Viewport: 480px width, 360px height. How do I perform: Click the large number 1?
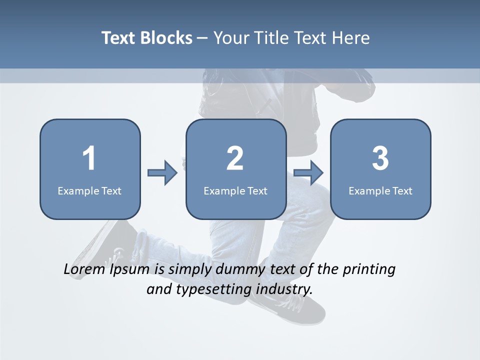click(89, 158)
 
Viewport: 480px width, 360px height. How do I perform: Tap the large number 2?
click(235, 158)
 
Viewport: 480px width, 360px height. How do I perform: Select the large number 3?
click(380, 158)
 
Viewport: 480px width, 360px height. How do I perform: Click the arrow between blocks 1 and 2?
click(162, 173)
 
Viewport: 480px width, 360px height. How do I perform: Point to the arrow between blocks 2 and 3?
click(308, 173)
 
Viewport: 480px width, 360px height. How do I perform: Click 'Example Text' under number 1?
click(89, 190)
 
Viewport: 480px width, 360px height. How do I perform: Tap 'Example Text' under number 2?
click(235, 190)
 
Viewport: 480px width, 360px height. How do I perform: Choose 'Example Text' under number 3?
click(380, 190)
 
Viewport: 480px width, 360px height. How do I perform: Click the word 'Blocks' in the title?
click(166, 38)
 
